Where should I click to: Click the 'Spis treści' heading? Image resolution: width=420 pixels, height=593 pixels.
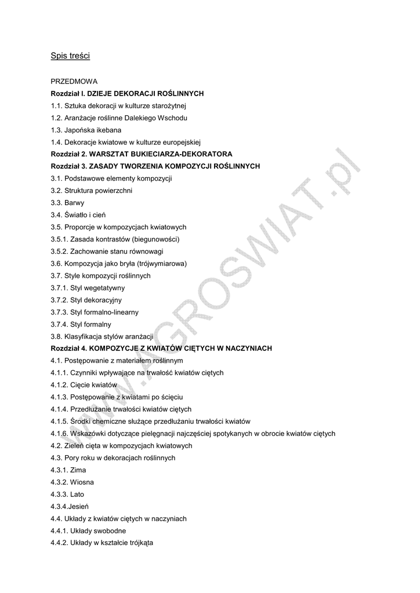[x=70, y=56]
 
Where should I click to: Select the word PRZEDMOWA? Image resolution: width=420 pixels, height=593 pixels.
[x=74, y=81]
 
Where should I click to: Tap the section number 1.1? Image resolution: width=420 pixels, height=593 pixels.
[x=56, y=105]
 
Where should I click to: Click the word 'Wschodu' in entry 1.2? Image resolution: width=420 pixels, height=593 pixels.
[x=173, y=118]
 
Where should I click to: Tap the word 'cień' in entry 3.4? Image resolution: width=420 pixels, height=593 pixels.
[x=104, y=215]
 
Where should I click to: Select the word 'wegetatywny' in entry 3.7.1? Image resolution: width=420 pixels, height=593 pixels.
[x=105, y=288]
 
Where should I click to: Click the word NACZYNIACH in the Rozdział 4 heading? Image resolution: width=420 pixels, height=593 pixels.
[x=244, y=348]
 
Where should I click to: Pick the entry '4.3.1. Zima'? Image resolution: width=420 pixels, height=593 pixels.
[x=68, y=470]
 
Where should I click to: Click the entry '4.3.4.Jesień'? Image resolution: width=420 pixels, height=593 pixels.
[x=70, y=506]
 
